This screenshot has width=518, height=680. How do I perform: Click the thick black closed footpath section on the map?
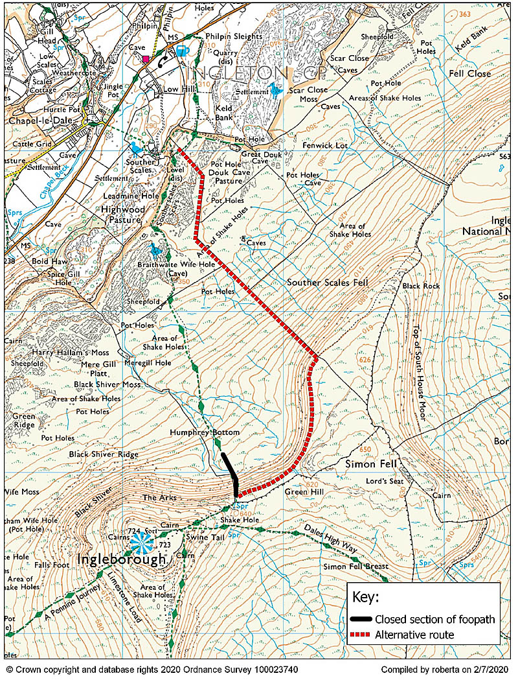click(x=231, y=473)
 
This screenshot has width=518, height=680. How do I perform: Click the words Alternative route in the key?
click(x=414, y=635)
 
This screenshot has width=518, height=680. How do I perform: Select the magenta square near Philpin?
click(x=146, y=59)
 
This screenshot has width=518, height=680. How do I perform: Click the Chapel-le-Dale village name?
click(x=40, y=121)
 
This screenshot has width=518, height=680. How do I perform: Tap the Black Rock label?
click(x=421, y=286)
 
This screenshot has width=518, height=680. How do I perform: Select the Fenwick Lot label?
click(x=325, y=146)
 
